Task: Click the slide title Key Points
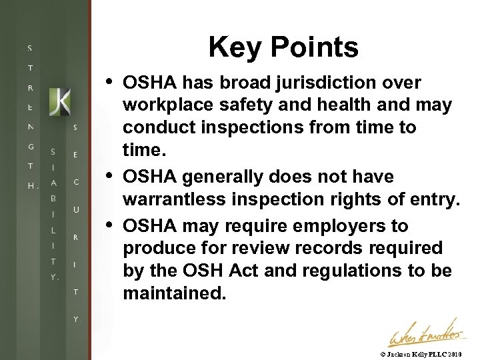[x=283, y=47]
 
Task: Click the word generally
[x=223, y=177]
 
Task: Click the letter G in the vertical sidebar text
[x=30, y=146]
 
